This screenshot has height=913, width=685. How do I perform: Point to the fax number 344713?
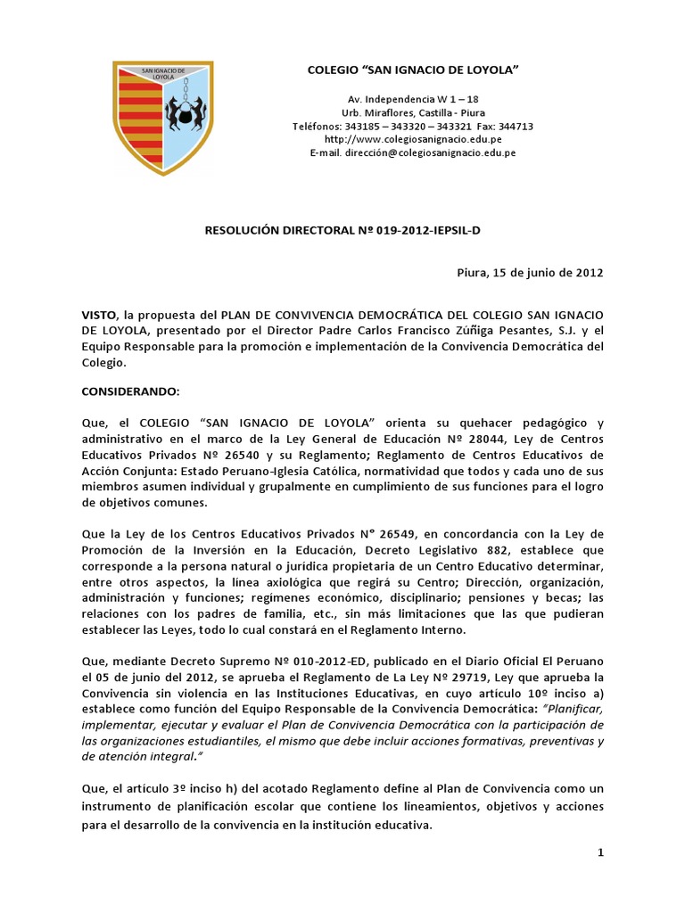(516, 127)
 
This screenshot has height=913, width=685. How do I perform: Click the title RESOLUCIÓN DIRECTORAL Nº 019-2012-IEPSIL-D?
(342, 229)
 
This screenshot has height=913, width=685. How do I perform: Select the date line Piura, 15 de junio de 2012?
(524, 273)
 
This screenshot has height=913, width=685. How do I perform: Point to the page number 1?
(601, 853)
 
